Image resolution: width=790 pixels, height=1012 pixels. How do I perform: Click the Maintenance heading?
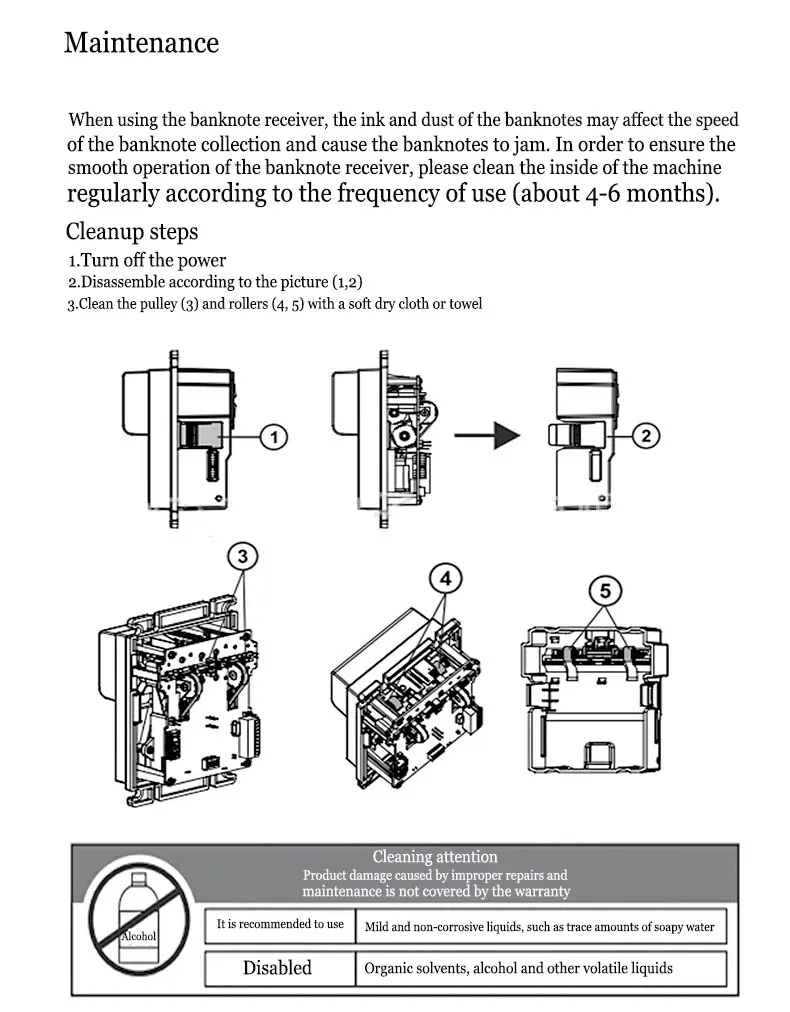(141, 43)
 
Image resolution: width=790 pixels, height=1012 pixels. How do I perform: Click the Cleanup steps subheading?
(132, 232)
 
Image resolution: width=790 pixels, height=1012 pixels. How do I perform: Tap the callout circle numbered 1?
(274, 436)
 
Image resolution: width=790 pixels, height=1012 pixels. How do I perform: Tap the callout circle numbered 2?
(646, 435)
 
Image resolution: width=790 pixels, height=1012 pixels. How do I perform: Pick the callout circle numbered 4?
(445, 578)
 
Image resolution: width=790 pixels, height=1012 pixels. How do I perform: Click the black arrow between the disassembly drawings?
(490, 436)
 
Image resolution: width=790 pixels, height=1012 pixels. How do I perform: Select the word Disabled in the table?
(277, 968)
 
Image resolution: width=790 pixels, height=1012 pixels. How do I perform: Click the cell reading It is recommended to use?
(280, 924)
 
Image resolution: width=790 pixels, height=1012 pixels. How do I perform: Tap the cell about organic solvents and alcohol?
(518, 968)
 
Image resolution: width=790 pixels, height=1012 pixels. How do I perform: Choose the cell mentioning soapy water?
(539, 926)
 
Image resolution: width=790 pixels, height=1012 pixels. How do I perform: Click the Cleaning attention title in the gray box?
(434, 856)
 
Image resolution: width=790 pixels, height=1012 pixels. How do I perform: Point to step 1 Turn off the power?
(147, 260)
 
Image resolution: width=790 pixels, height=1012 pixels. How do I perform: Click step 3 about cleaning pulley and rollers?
(274, 303)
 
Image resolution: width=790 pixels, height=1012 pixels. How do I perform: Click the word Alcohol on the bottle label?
(138, 936)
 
